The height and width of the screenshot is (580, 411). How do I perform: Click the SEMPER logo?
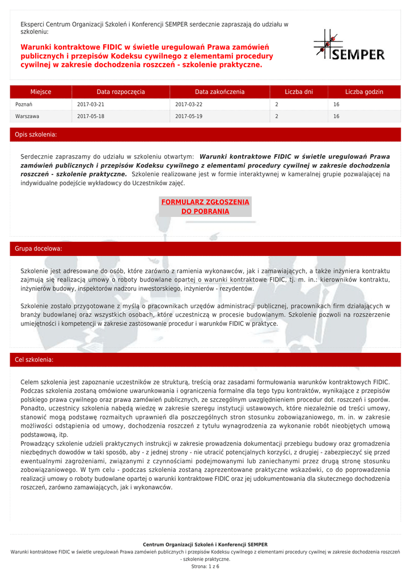(349, 45)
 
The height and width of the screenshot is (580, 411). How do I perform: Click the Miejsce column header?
(41, 92)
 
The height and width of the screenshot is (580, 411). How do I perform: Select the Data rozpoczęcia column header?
(121, 92)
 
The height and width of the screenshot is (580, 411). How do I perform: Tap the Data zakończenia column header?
(219, 92)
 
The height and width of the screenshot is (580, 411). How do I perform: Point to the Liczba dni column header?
(299, 92)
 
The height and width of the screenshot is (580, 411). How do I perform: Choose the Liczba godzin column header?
(364, 92)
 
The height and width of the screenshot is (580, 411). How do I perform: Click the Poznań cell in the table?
(24, 105)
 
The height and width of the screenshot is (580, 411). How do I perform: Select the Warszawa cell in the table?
(27, 117)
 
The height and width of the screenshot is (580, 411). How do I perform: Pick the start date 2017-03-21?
(91, 105)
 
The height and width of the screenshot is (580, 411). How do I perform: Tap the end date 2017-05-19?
(189, 117)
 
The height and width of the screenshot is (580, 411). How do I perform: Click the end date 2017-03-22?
(189, 105)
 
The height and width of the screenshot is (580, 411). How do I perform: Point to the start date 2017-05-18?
(91, 117)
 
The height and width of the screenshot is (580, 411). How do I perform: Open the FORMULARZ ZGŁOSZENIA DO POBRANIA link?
(205, 207)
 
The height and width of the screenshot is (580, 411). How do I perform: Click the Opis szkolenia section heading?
(36, 135)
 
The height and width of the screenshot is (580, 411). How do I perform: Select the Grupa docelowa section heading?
(39, 249)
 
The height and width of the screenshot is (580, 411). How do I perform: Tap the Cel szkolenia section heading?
(35, 360)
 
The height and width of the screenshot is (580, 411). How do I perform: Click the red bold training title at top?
(147, 56)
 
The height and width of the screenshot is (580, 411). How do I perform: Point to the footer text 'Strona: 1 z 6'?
(205, 566)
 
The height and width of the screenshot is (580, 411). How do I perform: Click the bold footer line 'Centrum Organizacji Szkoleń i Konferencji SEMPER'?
(205, 545)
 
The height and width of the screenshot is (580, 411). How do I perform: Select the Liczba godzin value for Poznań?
(336, 105)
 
